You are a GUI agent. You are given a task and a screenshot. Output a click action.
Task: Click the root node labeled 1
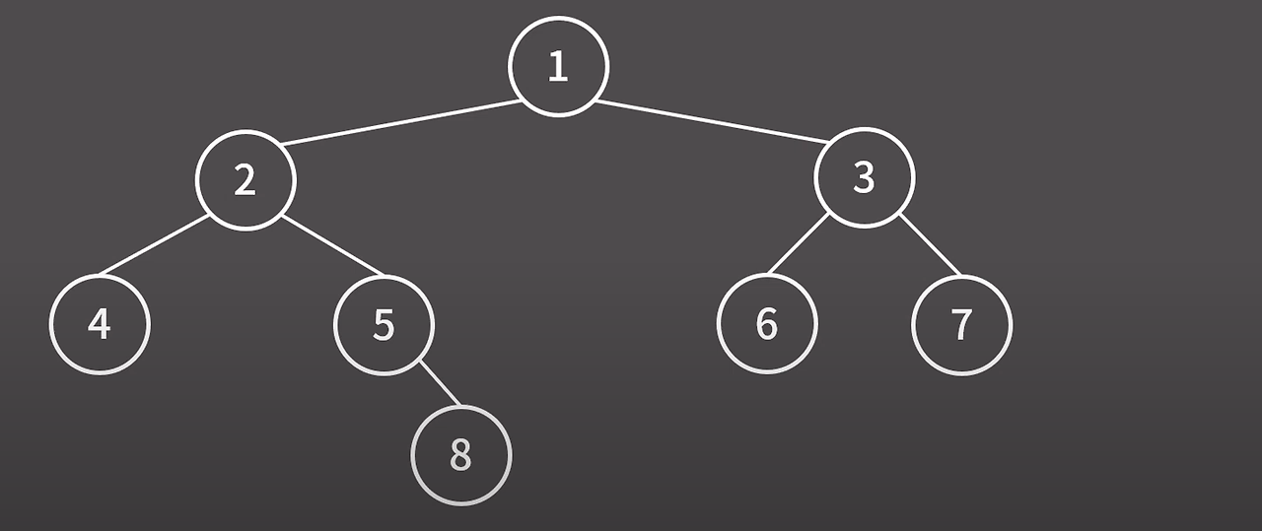(558, 66)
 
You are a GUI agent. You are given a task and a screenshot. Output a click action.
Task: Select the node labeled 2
(245, 179)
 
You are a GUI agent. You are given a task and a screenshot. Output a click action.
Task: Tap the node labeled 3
(865, 177)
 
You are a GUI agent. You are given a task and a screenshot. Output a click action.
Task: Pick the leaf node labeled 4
(100, 324)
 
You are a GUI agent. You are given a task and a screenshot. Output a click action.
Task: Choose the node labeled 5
(384, 324)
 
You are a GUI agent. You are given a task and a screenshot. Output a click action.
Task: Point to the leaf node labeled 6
(767, 323)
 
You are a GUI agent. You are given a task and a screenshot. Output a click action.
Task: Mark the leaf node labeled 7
(961, 324)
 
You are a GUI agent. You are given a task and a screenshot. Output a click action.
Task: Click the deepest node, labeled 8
(460, 455)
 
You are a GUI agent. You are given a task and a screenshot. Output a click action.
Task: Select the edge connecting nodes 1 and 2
(399, 123)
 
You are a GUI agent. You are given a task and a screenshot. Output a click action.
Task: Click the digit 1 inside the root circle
(558, 66)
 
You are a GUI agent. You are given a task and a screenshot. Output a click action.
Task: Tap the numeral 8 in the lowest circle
(460, 455)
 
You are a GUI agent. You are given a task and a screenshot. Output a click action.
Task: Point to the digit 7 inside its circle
(961, 324)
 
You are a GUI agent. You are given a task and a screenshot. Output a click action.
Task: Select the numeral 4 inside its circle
(100, 324)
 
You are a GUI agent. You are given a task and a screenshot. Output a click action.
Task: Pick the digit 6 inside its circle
(767, 323)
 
